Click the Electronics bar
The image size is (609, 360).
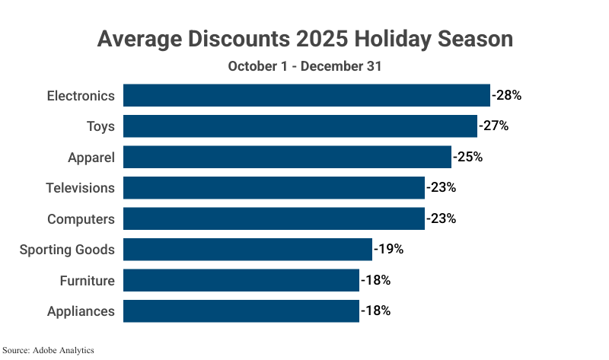pyautogui.click(x=306, y=96)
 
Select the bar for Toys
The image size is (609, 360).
pyautogui.click(x=300, y=126)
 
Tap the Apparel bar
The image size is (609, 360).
pyautogui.click(x=287, y=158)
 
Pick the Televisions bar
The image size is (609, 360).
pyautogui.click(x=274, y=188)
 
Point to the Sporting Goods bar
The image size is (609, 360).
pyautogui.click(x=247, y=250)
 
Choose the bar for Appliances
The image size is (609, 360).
pyautogui.click(x=241, y=311)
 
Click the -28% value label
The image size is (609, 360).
pyautogui.click(x=506, y=96)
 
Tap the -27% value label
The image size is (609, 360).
pyautogui.click(x=493, y=126)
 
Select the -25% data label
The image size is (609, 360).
pyautogui.click(x=467, y=158)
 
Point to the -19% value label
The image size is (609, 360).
pyautogui.click(x=388, y=250)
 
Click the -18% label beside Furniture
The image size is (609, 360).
pyautogui.click(x=375, y=280)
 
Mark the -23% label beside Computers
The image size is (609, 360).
pyautogui.click(x=441, y=219)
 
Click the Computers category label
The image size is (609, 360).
pyautogui.click(x=81, y=219)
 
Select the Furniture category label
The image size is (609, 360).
pyautogui.click(x=87, y=280)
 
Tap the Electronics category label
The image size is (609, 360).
pyautogui.click(x=81, y=96)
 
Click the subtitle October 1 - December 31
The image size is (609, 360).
pyautogui.click(x=304, y=66)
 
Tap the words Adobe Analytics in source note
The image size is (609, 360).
pyautogui.click(x=63, y=351)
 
